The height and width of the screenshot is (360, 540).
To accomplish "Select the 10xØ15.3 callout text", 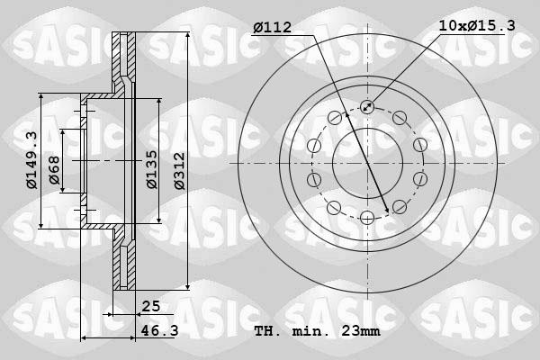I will coord(477,27).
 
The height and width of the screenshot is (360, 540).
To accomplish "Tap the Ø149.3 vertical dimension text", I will coord(31,160).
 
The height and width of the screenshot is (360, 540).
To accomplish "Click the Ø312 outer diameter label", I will coord(179,169).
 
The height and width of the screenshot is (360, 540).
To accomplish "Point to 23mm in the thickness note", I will coord(360,332).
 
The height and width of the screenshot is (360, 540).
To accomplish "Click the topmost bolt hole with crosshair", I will coord(367,107).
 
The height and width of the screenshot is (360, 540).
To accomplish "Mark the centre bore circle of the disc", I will coord(367,163).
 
